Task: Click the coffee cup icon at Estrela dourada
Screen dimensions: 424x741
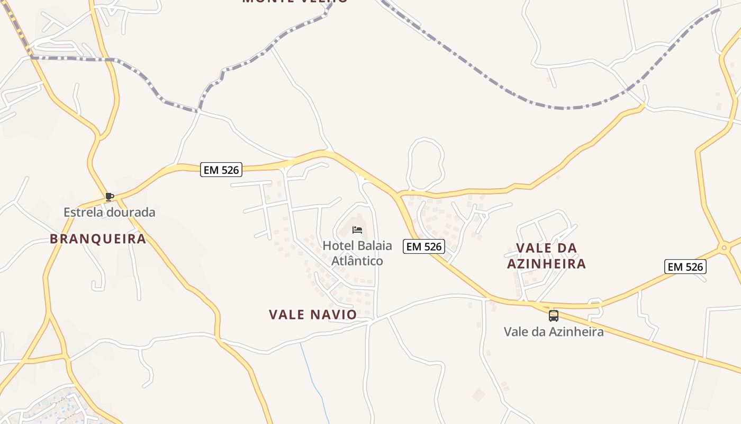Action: coord(110,197)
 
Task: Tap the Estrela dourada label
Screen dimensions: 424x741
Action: coord(110,213)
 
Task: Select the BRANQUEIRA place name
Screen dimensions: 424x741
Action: coord(98,239)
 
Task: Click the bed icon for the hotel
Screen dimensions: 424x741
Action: coord(357,230)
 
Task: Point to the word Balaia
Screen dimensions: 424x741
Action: coord(374,246)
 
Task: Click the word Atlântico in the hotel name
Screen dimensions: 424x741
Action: coord(357,261)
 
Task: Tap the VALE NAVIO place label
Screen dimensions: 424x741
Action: coord(313,315)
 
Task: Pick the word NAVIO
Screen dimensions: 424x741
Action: coord(334,315)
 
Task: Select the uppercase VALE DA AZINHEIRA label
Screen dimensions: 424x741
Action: coord(546,256)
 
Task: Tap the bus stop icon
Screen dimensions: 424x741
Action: coord(553,316)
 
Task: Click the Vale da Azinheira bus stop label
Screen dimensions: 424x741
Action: coord(554,332)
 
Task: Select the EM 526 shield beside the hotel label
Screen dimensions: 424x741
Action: coord(423,246)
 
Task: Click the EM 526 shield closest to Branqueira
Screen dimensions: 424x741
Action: coord(221,170)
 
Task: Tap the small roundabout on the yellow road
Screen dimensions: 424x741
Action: coord(724,248)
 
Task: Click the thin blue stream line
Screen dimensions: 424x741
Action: coord(312,382)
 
